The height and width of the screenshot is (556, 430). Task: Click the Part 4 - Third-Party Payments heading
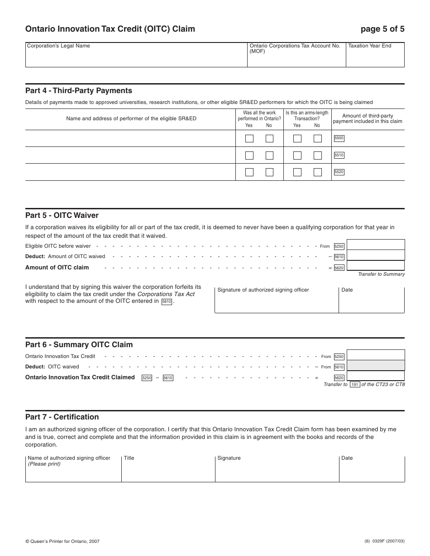click(79, 90)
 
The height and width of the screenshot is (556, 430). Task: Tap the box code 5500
click(339, 138)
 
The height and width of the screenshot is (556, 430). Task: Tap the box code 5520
click(339, 172)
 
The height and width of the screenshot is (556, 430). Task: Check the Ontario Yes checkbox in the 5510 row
click(249, 155)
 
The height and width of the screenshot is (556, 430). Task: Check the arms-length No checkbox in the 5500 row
click(317, 138)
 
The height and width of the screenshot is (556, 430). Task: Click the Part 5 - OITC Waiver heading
click(62, 215)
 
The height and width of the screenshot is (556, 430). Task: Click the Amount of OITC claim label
click(57, 268)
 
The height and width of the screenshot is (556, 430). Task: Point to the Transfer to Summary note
click(381, 274)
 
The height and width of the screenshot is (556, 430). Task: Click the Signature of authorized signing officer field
click(276, 300)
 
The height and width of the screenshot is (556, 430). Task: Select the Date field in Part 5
click(371, 300)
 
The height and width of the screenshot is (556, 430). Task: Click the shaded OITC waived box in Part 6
click(375, 366)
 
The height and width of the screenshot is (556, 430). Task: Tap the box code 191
click(355, 385)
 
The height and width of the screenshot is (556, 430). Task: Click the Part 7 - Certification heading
click(62, 417)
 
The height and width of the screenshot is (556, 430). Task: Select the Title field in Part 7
click(168, 469)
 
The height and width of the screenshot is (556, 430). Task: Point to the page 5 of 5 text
click(382, 29)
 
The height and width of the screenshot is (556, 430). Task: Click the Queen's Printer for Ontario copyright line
click(62, 541)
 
